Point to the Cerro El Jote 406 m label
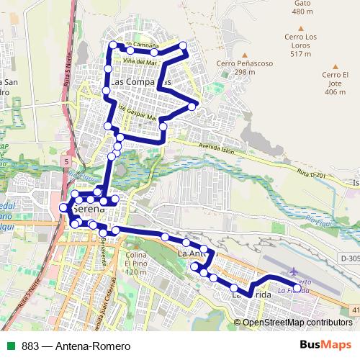tap(335, 83)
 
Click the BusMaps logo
tap(325, 345)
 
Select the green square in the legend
tap(11, 346)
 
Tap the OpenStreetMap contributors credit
tap(297, 323)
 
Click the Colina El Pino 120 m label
tap(136, 263)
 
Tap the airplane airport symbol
tap(294, 271)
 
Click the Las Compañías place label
tap(141, 82)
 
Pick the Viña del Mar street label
tap(140, 62)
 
